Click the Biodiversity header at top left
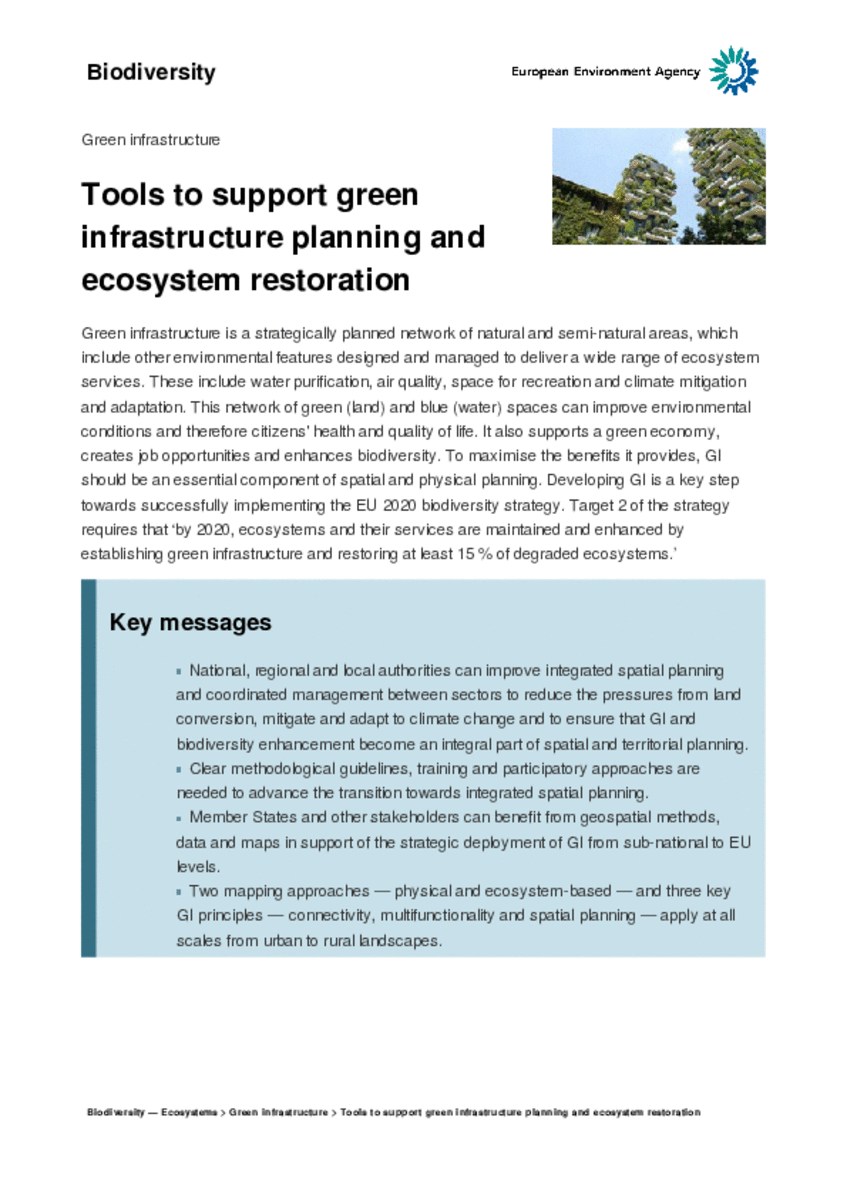point(151,72)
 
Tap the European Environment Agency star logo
point(733,71)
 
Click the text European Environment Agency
point(605,72)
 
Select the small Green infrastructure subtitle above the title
point(151,140)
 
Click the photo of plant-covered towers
point(659,186)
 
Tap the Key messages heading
point(190,622)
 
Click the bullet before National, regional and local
point(179,672)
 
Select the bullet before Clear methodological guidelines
point(179,770)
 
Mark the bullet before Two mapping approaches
point(179,892)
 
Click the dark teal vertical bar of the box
point(89,768)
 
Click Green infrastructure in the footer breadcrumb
point(278,1112)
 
